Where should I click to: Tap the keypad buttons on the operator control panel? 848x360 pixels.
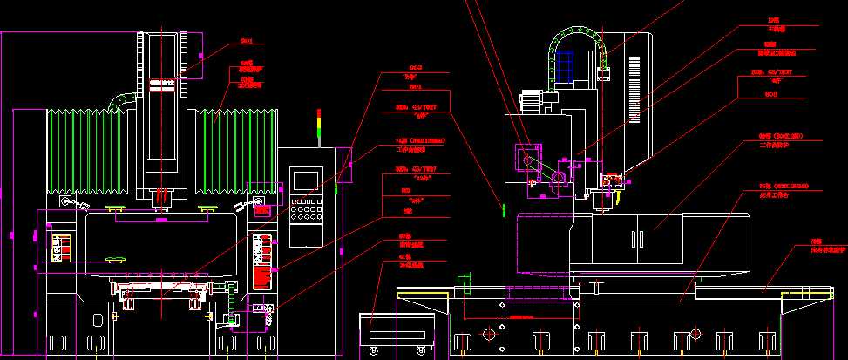pos(305,210)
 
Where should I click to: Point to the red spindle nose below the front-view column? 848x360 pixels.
pos(159,199)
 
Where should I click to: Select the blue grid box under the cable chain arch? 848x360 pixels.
pos(563,67)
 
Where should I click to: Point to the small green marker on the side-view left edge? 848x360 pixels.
pos(503,207)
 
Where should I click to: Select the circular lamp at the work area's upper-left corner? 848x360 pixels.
pos(64,202)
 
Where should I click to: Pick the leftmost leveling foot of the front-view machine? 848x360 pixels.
pos(58,341)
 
